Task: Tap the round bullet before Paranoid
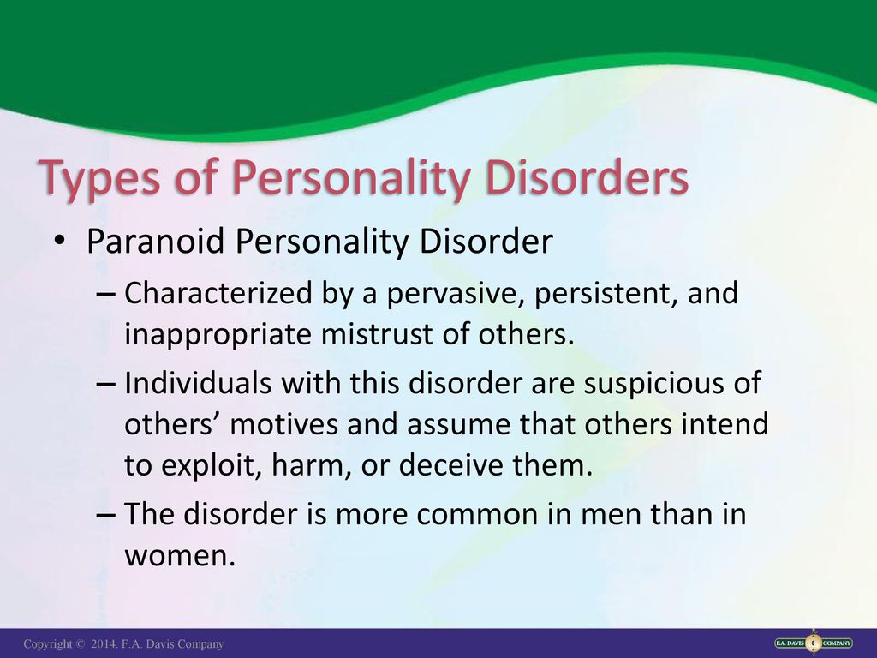(59, 241)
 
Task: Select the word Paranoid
(156, 241)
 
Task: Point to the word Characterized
(218, 293)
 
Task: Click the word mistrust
(377, 334)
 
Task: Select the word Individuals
(198, 383)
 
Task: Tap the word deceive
(450, 465)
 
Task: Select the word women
(180, 556)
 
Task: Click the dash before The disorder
(105, 514)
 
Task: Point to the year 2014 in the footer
(104, 644)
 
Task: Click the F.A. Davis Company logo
(814, 643)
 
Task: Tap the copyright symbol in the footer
(81, 644)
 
